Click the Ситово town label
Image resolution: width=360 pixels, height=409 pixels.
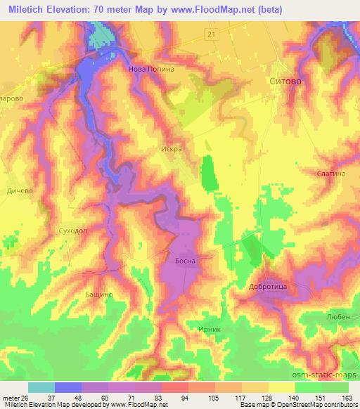coord(287,82)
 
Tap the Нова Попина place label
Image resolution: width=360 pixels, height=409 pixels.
coord(150,70)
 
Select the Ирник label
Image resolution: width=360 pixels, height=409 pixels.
coord(210,328)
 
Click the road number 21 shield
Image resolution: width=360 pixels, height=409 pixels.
coord(212,34)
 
